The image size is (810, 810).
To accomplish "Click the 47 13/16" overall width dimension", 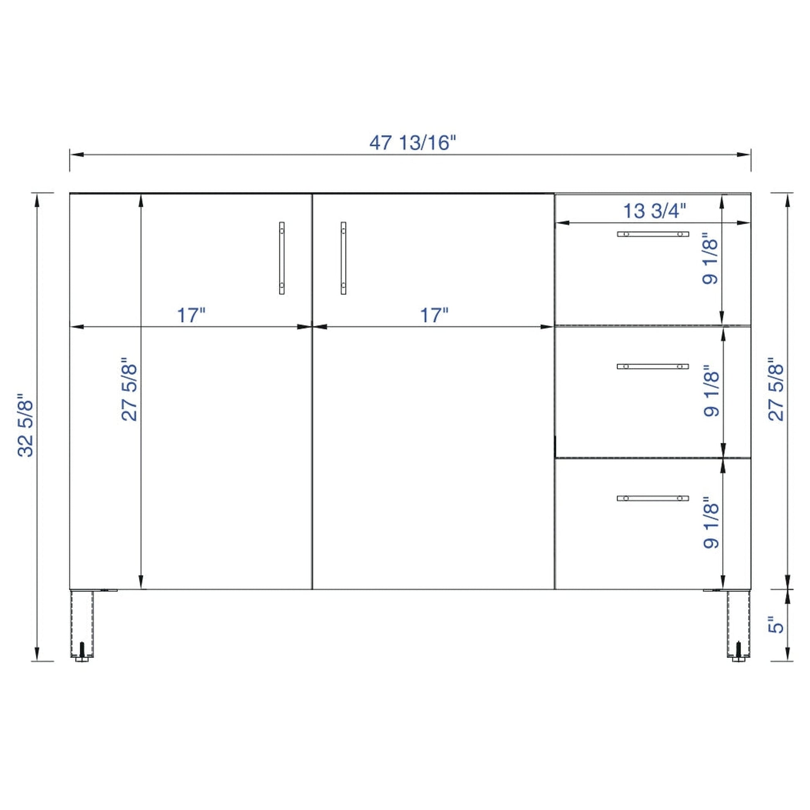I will click(412, 143).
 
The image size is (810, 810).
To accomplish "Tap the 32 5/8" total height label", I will click(25, 425).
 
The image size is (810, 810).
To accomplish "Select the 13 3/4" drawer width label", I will click(654, 211).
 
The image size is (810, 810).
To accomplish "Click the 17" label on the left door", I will click(191, 315).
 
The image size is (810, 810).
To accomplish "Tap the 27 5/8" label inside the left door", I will click(129, 389).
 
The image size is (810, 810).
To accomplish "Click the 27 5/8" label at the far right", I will click(776, 389).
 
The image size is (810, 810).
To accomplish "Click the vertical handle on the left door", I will click(282, 258).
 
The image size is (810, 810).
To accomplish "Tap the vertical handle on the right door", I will click(343, 258).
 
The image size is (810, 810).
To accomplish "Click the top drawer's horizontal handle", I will click(653, 234).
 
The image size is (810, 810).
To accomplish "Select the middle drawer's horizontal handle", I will click(653, 366).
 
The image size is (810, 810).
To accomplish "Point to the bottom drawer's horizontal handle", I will click(653, 498).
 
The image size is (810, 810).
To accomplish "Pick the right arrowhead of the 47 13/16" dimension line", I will click(744, 155).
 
